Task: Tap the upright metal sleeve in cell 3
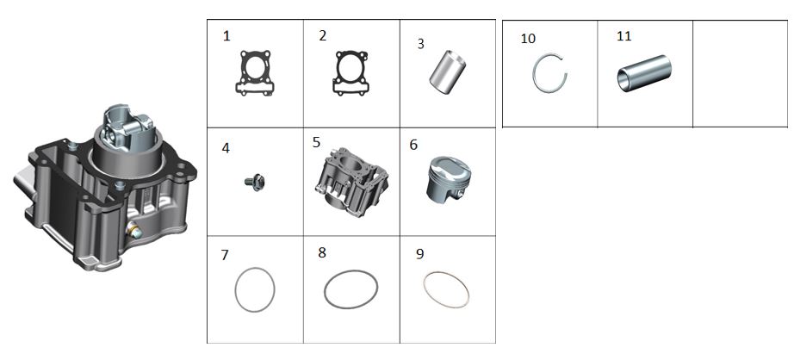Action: [x=448, y=71]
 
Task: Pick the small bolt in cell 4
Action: [x=255, y=183]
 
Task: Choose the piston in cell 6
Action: [x=448, y=177]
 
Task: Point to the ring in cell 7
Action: [x=237, y=289]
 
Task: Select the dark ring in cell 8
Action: [x=326, y=289]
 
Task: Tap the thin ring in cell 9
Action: [x=425, y=289]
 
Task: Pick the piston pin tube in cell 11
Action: [x=644, y=73]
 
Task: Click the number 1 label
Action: [x=226, y=36]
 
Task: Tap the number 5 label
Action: [x=317, y=142]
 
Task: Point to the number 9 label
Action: [x=419, y=254]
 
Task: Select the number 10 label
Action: [x=528, y=39]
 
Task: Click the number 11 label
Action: [x=623, y=36]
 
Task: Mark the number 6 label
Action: [x=413, y=145]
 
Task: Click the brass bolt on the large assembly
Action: [x=134, y=231]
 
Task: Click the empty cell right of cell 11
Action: [x=740, y=74]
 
